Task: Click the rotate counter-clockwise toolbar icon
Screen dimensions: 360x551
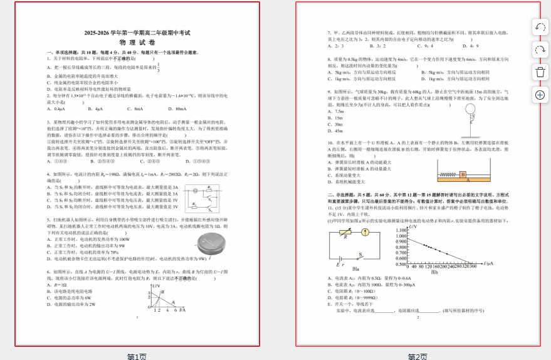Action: coord(540,27)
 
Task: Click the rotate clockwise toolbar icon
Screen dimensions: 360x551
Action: coord(540,50)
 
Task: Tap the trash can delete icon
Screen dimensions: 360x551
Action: coord(540,72)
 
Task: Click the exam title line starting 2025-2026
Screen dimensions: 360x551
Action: coord(137,33)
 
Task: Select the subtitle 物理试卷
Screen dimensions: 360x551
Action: coord(137,42)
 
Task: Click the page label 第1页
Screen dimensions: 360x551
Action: coord(137,356)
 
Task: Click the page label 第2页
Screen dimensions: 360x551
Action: coord(417,356)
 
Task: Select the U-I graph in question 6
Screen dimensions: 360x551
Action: coord(165,298)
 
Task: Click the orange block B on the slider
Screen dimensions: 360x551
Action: coord(463,174)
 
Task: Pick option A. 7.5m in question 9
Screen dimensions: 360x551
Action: coord(339,111)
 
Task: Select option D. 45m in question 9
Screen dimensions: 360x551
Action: coord(338,130)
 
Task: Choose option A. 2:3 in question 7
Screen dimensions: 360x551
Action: coord(335,45)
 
